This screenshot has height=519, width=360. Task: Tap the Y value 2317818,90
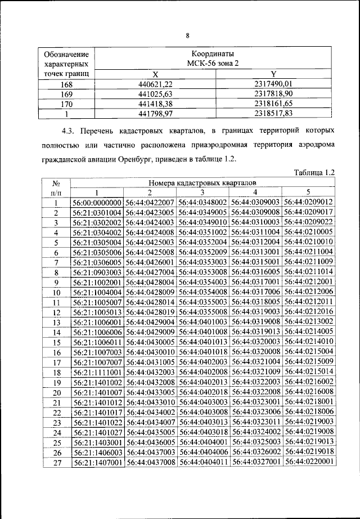[x=270, y=94]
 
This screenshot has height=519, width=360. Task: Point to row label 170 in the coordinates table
[x=67, y=104]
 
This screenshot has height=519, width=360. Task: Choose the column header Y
[x=273, y=74]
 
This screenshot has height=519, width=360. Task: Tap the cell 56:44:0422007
[x=150, y=202]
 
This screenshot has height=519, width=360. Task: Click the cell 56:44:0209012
[x=309, y=202]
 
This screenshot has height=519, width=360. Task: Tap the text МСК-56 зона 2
[x=213, y=64]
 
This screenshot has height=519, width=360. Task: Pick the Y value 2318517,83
[x=270, y=114]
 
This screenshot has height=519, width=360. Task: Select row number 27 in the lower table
[x=56, y=462]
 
